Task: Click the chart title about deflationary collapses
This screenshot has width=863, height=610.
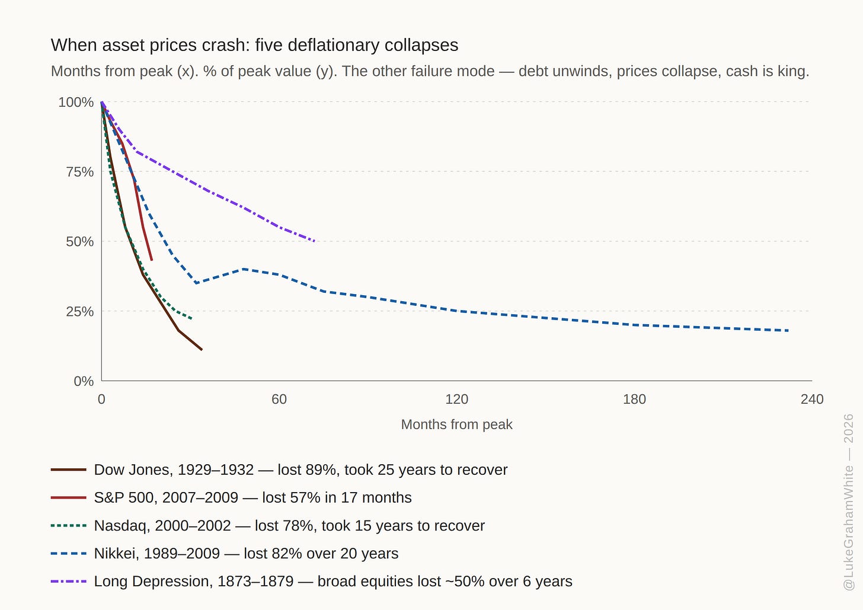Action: [x=254, y=45]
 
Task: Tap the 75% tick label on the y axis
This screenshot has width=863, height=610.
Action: [x=80, y=172]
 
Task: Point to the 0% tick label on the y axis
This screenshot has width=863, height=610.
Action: [x=84, y=381]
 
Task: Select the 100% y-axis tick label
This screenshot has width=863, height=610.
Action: [x=76, y=102]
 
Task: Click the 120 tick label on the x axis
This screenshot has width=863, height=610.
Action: [x=456, y=399]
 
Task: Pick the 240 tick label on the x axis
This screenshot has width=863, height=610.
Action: [x=812, y=399]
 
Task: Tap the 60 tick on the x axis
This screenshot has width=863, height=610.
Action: [x=279, y=399]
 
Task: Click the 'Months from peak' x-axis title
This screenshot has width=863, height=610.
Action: [x=456, y=424]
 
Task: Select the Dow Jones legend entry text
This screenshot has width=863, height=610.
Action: [x=301, y=470]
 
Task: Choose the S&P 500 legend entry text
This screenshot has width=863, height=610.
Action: [x=252, y=497]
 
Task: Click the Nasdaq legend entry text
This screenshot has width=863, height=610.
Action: [x=289, y=526]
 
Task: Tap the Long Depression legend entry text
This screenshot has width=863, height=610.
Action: [x=333, y=581]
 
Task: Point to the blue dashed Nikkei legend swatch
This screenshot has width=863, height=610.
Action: [x=69, y=554]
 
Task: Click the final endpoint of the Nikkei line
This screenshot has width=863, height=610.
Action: [x=788, y=331]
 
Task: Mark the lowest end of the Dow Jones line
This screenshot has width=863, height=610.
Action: [x=202, y=350]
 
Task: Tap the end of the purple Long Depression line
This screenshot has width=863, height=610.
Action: [x=315, y=241]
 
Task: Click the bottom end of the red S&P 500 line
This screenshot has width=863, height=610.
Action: [x=152, y=260]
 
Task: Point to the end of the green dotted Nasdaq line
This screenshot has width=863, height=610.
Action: [x=191, y=319]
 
